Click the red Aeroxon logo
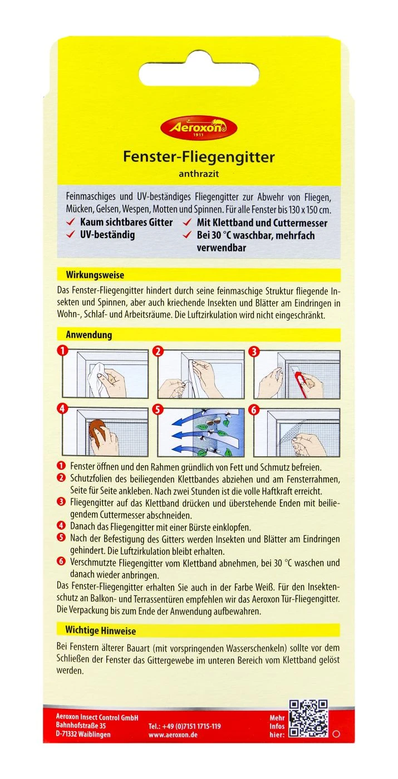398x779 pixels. (199, 129)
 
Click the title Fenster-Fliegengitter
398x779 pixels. (199, 157)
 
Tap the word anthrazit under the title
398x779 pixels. (199, 174)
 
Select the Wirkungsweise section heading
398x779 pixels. (95, 275)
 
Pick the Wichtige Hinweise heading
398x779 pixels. (101, 631)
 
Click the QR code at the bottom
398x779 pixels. (307, 719)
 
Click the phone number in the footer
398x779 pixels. (185, 726)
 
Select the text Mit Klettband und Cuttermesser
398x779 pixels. (262, 223)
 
